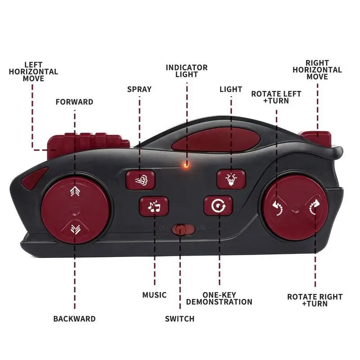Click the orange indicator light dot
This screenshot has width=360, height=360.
pos(185,165)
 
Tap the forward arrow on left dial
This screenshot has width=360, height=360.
pos(74,193)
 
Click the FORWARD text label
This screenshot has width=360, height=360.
pos(74,102)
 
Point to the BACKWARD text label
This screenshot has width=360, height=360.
pos(74,319)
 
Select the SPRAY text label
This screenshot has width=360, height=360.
pos(139,89)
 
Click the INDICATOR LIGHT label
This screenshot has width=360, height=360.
pos(186,71)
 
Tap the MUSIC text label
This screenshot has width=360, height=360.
pos(154,295)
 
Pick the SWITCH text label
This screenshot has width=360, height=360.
pos(180,319)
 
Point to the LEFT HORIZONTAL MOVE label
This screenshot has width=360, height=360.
pos(34,72)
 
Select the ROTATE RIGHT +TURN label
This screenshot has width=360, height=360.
pos(315,300)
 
